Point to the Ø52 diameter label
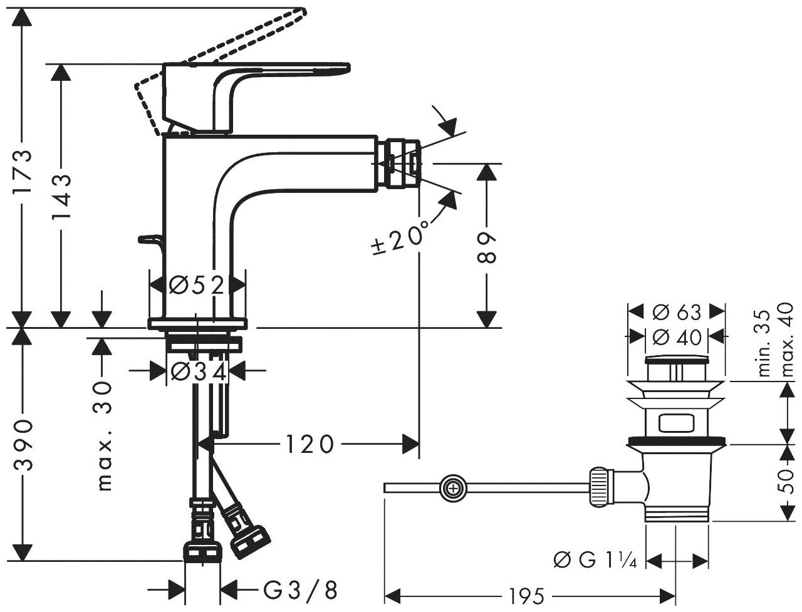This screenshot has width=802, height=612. point(197,286)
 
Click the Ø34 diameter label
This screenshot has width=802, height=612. point(197,372)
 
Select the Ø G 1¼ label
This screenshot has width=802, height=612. point(596,559)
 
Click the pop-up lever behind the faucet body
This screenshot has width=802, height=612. point(150,240)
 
